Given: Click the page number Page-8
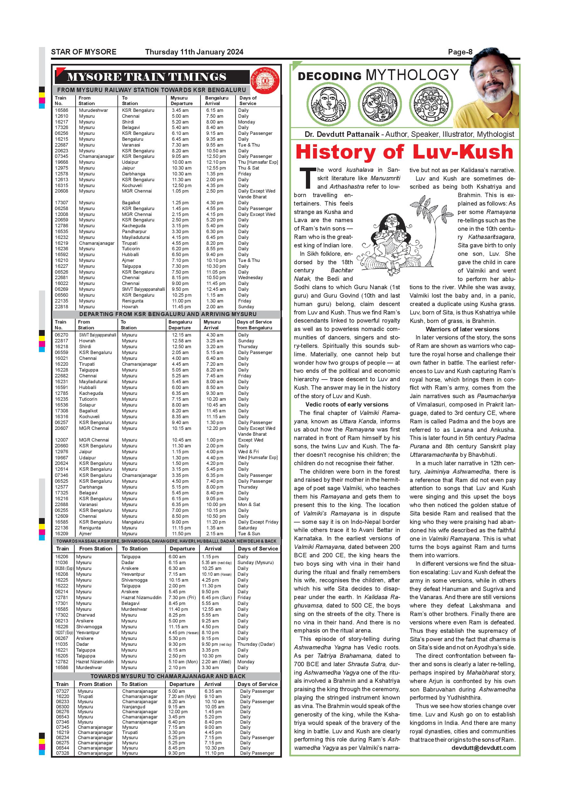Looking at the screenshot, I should [460, 52].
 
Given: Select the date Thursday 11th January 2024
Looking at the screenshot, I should [194, 52].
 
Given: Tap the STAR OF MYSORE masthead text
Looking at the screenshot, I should [84, 52].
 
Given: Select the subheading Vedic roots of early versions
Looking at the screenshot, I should [346, 405].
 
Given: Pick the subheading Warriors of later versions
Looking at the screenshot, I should [462, 329].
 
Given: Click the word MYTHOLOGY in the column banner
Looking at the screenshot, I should [412, 75].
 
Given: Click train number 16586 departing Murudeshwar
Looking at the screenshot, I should [62, 110].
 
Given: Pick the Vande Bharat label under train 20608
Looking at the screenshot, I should [252, 197].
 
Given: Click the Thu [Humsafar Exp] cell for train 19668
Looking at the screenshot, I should [258, 162].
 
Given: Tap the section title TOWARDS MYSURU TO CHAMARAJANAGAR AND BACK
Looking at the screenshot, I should [168, 676].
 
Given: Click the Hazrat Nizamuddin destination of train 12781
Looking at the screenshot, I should [141, 597].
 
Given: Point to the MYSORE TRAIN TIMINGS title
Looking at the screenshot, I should [146, 77].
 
